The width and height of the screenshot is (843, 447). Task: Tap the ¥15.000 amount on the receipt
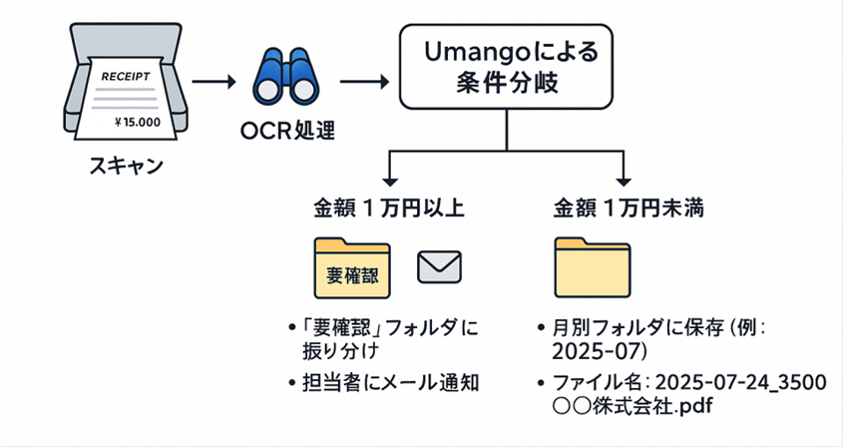[x=138, y=123]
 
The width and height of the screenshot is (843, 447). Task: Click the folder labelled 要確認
[x=351, y=268]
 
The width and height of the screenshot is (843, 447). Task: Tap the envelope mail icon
[x=438, y=265]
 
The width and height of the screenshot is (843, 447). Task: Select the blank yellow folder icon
[x=596, y=268]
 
